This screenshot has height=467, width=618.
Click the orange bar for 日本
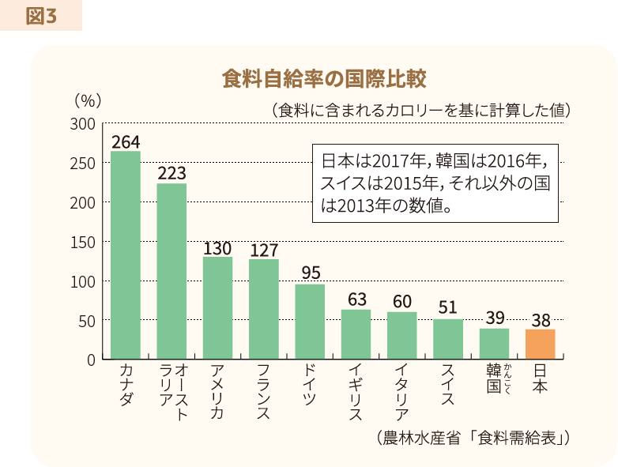click(x=541, y=345)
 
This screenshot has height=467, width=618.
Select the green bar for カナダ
click(x=126, y=255)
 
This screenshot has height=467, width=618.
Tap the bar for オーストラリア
click(x=171, y=271)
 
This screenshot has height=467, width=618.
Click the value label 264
click(x=126, y=142)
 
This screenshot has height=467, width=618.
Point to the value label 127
click(x=264, y=250)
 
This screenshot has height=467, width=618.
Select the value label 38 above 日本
click(x=541, y=320)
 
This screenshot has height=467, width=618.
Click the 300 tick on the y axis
click(x=82, y=124)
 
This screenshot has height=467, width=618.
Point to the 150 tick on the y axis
click(x=82, y=242)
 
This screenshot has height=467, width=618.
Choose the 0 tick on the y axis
click(x=91, y=360)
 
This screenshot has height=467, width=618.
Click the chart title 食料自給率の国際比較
click(x=325, y=80)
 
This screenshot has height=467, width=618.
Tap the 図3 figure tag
click(x=41, y=15)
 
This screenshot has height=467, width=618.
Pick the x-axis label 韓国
click(x=494, y=378)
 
